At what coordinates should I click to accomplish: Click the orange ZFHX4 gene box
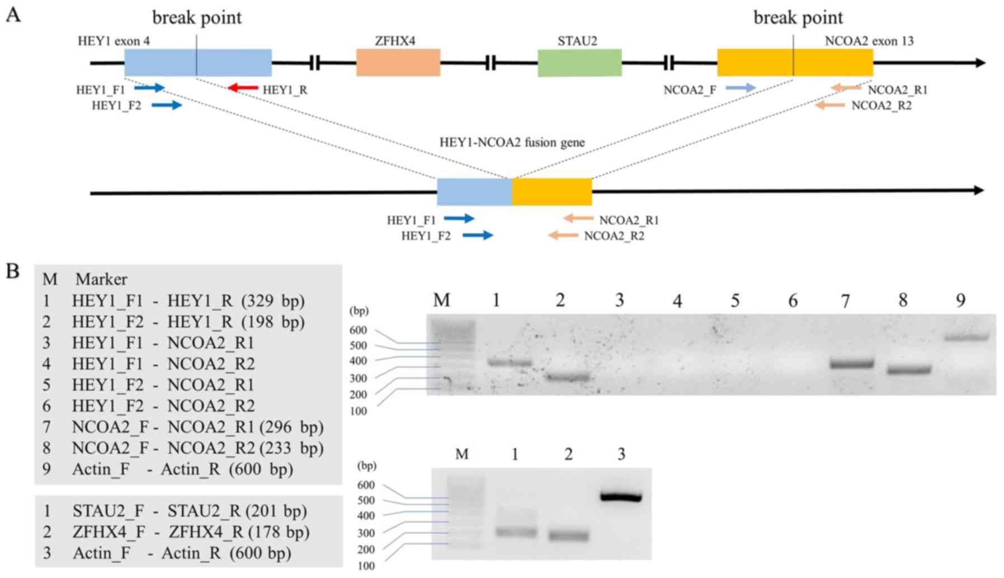coord(398,63)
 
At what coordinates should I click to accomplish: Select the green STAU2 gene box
coord(579,63)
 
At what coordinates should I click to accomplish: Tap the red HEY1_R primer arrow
coord(243,88)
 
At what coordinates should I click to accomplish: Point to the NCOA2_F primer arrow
coord(741,88)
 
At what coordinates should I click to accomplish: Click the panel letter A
coord(13,15)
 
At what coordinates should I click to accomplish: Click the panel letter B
coord(13,271)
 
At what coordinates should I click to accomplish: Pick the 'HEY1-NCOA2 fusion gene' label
coord(512,142)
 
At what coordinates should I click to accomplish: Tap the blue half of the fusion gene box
coord(474,192)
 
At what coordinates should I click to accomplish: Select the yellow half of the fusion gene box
coord(552,192)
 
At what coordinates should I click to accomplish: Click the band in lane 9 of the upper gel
coord(966,337)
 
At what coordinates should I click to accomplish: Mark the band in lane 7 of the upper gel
coord(851,364)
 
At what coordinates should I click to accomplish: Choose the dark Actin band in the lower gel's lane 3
coord(621,497)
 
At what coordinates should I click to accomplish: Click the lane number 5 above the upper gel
coord(735,301)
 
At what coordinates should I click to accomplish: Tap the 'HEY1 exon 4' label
coord(114,41)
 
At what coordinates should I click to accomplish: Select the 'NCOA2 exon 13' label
coord(869,41)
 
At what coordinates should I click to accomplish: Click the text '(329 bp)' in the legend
coord(273,301)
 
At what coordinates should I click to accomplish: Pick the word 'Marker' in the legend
coord(101,279)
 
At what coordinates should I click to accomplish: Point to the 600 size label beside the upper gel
coord(358,330)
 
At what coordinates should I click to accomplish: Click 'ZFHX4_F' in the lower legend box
coord(108,532)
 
